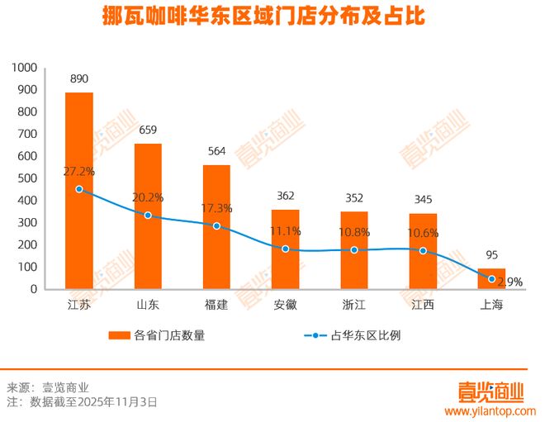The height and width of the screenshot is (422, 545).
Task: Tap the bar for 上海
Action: [491, 279]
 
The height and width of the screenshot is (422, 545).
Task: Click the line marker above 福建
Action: [216, 225]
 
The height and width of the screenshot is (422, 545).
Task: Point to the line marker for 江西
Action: [423, 250]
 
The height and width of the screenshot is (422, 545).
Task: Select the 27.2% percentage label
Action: [79, 172]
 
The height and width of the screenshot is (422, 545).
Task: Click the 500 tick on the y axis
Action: [29, 178]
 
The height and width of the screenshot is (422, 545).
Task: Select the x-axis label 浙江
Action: [354, 305]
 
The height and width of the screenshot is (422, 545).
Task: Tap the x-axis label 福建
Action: [216, 305]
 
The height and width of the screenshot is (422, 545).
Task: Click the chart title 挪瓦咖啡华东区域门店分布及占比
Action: [269, 17]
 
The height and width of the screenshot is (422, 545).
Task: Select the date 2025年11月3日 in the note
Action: [117, 402]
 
